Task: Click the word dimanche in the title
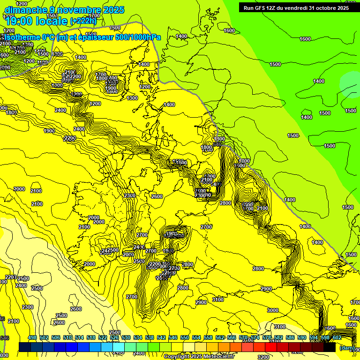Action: point(23,10)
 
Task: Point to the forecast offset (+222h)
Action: point(83,21)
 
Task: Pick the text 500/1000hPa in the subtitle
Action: point(139,37)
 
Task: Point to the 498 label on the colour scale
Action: point(32,337)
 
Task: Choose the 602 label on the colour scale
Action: point(337,337)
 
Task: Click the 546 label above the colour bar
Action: point(173,337)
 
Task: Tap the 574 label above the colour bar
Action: point(255,337)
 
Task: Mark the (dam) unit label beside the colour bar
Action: point(347,348)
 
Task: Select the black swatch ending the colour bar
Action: point(330,347)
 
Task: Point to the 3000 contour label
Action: point(272,310)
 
